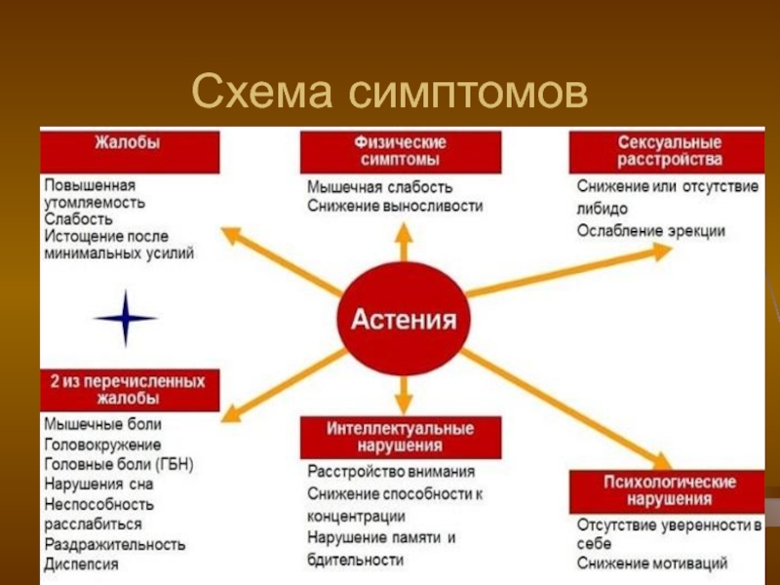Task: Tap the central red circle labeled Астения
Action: pos(403,321)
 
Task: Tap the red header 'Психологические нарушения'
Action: pos(667,490)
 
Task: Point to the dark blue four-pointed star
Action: pos(125,318)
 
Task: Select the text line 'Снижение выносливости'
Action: pos(394,206)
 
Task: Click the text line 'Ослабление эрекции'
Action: pos(650,230)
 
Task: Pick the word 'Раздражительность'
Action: pos(114,544)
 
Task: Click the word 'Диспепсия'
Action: pos(81,564)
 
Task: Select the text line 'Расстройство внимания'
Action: pos(391,471)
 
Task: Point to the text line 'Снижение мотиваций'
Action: pos(651,563)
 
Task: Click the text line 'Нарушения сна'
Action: pos(97,484)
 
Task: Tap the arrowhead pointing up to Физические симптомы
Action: pos(403,230)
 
